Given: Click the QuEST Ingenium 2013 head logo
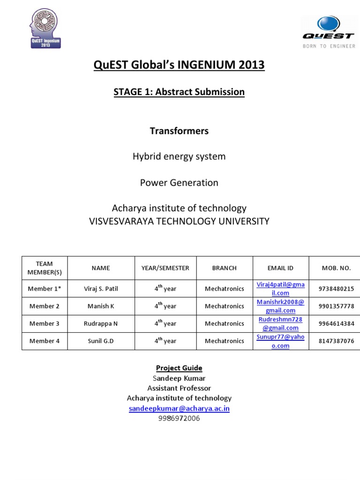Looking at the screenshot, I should (x=45, y=30).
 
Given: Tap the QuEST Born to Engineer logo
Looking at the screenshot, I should (x=328, y=32).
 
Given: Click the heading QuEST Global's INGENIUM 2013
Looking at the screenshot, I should (x=179, y=65).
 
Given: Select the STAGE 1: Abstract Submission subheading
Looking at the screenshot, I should (x=179, y=92).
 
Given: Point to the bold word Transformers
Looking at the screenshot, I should (x=179, y=131).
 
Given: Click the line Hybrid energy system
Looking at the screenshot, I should (x=179, y=157).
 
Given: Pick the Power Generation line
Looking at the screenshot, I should (x=179, y=182).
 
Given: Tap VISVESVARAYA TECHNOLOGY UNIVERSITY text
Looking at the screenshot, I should (x=179, y=221).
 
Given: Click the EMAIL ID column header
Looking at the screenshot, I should (x=280, y=268).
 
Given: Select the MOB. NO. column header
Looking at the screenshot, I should (x=336, y=268).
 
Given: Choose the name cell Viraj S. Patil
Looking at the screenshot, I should (x=101, y=289).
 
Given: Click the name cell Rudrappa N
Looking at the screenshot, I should (x=101, y=323).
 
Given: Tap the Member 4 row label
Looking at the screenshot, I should (x=45, y=341).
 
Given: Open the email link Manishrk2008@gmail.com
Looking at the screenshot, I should (x=280, y=306).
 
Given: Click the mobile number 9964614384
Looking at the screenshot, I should (x=336, y=323).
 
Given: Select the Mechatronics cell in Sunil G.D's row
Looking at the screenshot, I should (x=224, y=341).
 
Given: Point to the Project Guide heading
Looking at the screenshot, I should (x=179, y=368).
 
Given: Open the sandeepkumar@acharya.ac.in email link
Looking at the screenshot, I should (x=179, y=408).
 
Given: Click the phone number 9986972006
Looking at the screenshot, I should (x=179, y=418).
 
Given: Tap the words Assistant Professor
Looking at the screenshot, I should (x=179, y=388).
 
